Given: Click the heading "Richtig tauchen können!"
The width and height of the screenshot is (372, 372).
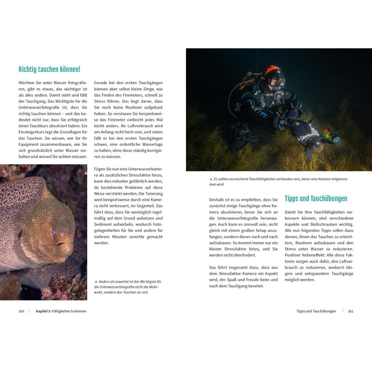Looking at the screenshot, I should [49, 69].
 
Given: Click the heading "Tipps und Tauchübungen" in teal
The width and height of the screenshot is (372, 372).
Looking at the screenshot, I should [316, 199].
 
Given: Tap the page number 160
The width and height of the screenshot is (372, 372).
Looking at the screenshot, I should [21, 311].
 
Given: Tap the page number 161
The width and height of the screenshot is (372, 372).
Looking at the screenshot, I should [351, 311].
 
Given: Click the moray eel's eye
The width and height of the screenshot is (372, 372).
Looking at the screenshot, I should [53, 231].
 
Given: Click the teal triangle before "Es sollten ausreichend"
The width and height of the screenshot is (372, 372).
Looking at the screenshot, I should [211, 179].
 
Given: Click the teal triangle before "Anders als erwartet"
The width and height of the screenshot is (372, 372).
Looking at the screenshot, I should [96, 282].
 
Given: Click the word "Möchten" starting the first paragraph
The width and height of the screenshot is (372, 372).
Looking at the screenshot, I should [27, 83].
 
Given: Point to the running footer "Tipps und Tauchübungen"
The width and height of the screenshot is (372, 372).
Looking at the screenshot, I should [316, 311].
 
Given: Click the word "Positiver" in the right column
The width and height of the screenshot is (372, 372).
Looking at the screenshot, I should [294, 255].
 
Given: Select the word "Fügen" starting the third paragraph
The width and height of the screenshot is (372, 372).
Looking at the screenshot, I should [101, 169].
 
